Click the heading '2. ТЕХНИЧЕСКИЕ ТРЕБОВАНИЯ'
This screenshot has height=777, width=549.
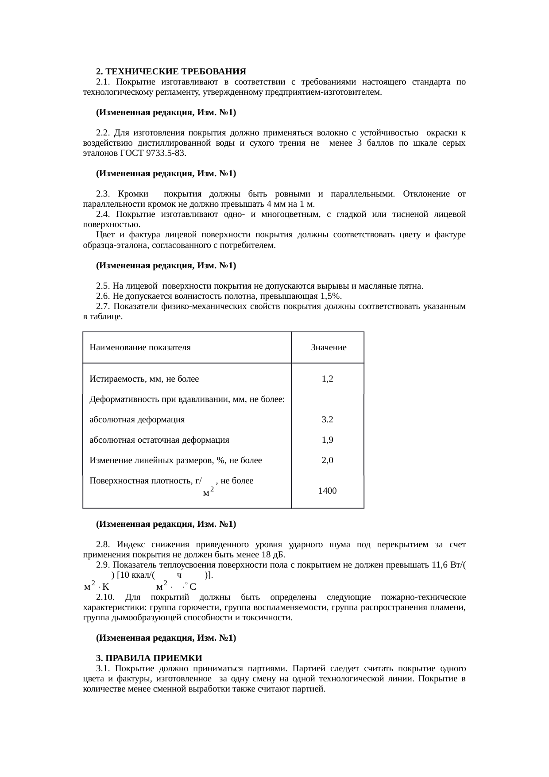[x=171, y=71]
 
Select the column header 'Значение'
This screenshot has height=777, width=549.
[x=329, y=348]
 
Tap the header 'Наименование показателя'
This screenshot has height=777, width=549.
[x=140, y=348]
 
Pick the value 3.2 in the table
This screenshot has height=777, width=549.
[x=327, y=420]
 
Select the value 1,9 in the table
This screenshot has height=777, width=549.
[x=327, y=440]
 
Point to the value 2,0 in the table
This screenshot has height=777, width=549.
[x=327, y=460]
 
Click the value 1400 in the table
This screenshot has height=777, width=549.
[x=327, y=491]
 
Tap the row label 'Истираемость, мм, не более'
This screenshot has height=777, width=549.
[x=144, y=379]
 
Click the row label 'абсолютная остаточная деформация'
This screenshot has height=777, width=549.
[x=159, y=440]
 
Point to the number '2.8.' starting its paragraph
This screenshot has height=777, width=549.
[x=103, y=545]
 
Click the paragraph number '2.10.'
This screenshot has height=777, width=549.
[x=105, y=598]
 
